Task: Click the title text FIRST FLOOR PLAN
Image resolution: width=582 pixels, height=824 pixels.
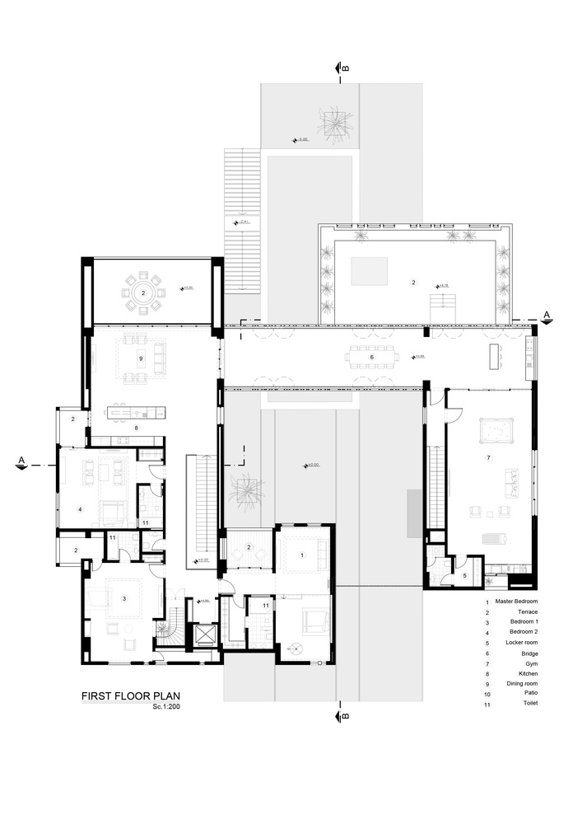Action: [x=131, y=695]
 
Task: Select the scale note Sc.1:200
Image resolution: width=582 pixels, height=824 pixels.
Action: [x=167, y=707]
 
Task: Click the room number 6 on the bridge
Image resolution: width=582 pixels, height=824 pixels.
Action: [x=371, y=357]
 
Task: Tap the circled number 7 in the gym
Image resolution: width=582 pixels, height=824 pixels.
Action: [x=488, y=457]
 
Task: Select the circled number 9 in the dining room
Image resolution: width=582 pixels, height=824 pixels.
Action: [x=141, y=358]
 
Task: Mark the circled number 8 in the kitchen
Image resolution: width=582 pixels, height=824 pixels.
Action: [x=137, y=428]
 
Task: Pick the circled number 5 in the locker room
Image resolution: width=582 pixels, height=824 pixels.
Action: [x=464, y=575]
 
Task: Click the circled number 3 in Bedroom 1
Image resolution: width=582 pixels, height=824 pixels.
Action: [x=124, y=596]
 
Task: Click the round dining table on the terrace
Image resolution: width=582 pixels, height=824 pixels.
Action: [x=142, y=293]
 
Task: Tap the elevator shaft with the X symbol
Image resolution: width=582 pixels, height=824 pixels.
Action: [x=203, y=636]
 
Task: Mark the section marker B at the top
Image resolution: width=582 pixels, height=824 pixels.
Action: [x=339, y=68]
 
